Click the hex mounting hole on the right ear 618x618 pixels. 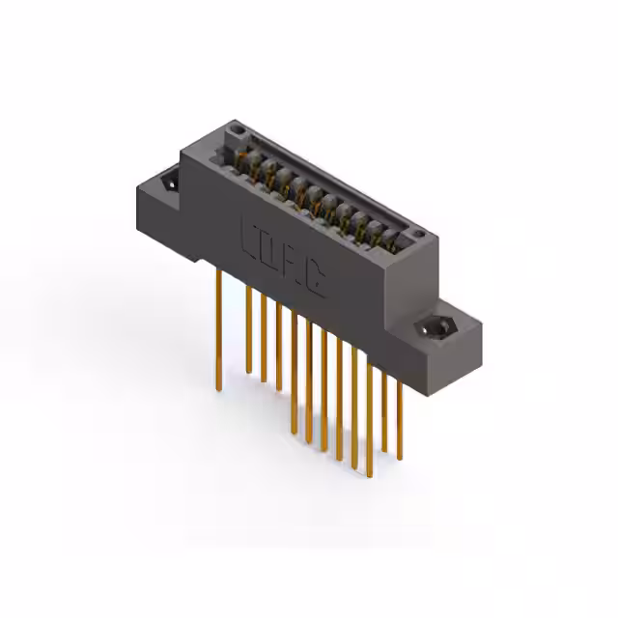click(435, 327)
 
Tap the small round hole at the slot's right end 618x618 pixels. click(415, 236)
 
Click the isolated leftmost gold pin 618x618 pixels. click(219, 328)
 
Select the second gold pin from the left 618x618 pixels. click(248, 328)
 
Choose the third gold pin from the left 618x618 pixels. click(263, 338)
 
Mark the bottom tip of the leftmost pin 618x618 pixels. click(219, 388)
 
